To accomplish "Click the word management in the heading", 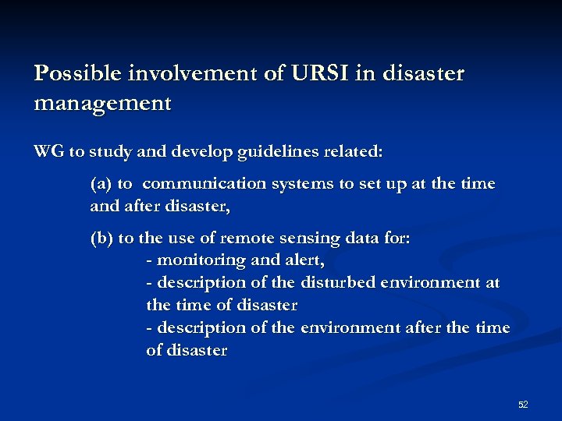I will [101, 102].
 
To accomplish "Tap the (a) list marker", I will [101, 184].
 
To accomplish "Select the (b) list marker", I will [101, 239].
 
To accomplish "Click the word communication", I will [205, 184].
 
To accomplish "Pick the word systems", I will [304, 184].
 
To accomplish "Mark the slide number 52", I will [523, 405].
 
